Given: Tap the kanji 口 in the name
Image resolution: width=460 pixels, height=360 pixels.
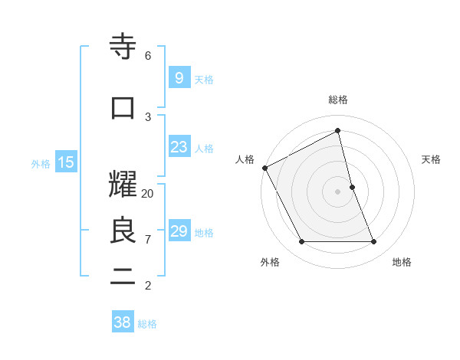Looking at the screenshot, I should (123, 108).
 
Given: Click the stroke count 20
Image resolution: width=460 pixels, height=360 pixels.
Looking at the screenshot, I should (148, 194).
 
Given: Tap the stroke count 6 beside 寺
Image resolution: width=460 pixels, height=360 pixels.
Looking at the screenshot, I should (148, 56).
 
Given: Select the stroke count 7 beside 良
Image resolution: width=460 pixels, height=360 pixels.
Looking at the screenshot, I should (148, 240).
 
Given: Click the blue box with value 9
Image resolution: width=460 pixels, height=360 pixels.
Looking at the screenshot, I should (179, 78).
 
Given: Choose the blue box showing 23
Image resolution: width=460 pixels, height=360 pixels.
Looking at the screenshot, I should (179, 148).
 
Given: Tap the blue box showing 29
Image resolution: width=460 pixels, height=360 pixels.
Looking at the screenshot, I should (179, 231).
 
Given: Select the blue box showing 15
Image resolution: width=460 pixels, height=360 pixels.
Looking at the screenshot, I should (65, 162).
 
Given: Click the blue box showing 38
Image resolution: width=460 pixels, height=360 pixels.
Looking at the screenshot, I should (123, 322).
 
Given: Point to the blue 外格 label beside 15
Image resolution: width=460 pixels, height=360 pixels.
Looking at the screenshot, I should (41, 163).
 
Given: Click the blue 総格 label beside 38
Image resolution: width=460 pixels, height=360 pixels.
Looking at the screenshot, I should (147, 324).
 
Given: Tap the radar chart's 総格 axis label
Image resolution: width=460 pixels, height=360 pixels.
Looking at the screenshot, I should (338, 100).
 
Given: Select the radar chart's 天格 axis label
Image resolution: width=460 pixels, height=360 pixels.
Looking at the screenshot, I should (432, 159).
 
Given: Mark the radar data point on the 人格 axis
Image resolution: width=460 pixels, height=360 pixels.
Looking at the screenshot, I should (265, 168).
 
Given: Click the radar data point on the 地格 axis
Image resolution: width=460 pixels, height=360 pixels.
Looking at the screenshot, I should (374, 242).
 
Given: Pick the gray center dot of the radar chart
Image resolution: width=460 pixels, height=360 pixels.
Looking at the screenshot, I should (338, 191).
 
